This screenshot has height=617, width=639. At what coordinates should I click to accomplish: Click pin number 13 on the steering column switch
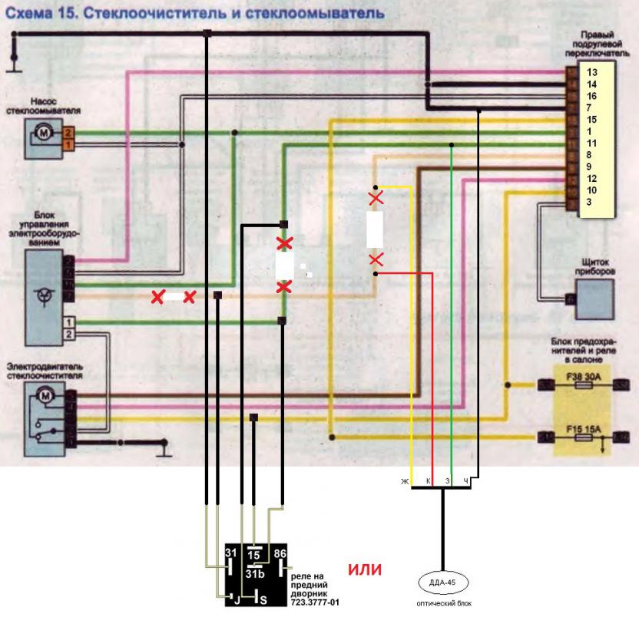[x=591, y=71]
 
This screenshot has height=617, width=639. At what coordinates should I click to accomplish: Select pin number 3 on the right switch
[x=588, y=202]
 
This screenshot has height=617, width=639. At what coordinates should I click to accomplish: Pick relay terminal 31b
[x=255, y=573]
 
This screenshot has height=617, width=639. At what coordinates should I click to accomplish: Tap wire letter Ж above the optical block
[x=402, y=480]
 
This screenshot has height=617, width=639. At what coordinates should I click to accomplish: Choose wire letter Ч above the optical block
[x=465, y=480]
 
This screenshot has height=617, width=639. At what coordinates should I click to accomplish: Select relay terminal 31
[x=230, y=553]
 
